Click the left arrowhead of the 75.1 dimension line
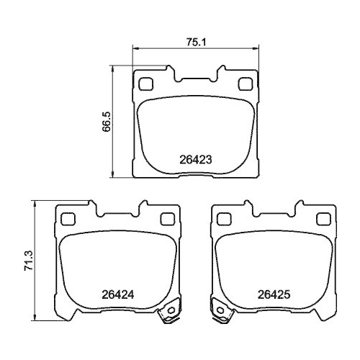135,49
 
